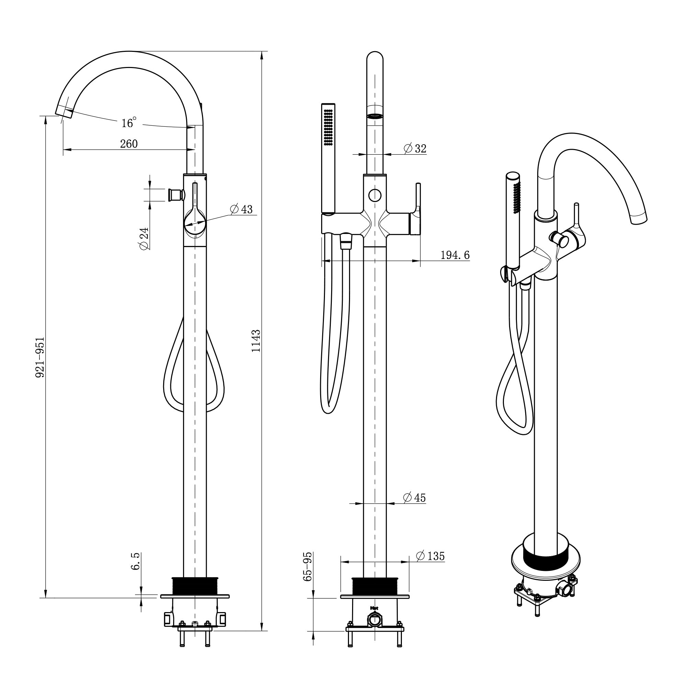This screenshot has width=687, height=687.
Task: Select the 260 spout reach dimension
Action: click(129, 144)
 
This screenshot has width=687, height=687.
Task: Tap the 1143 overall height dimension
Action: click(256, 341)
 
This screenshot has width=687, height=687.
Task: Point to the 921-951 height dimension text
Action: click(40, 357)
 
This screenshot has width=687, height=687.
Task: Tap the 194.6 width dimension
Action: click(455, 255)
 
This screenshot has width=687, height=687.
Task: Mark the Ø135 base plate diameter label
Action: click(430, 556)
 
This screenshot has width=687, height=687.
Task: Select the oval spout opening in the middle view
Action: click(375, 116)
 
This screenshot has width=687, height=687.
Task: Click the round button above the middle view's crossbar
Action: click(375, 195)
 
